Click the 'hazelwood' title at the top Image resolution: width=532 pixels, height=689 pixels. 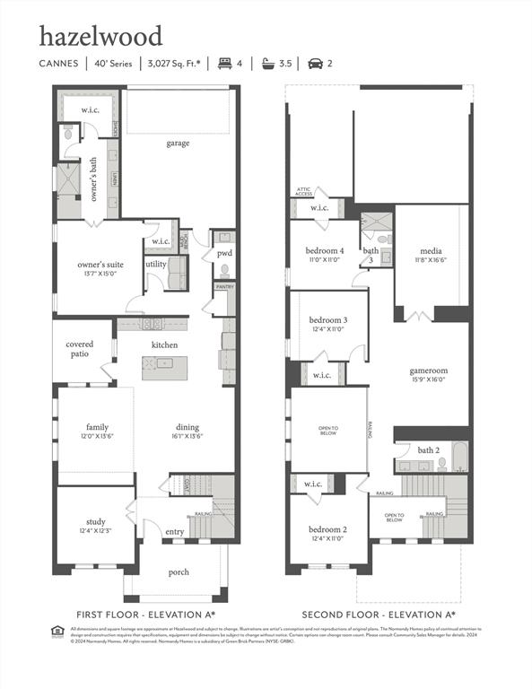(x=100, y=37)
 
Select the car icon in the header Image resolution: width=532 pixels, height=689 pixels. (x=314, y=64)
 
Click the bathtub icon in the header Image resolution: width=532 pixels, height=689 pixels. (x=267, y=64)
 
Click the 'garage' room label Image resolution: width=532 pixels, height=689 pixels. (x=178, y=143)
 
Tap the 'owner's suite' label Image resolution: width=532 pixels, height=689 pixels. (x=100, y=265)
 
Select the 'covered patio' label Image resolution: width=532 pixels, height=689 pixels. (x=79, y=349)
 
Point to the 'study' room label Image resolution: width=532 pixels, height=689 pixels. (x=96, y=521)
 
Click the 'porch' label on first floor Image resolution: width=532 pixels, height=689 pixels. (x=179, y=571)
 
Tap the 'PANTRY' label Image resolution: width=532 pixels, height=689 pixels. (x=224, y=287)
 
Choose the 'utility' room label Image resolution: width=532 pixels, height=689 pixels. (x=155, y=264)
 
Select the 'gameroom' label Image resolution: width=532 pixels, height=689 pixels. (x=429, y=371)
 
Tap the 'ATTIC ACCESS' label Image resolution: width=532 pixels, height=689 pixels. (x=304, y=192)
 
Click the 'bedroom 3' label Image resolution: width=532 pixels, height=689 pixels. (x=328, y=320)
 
